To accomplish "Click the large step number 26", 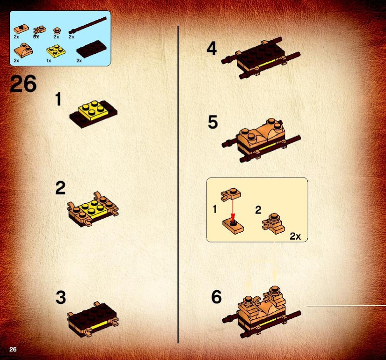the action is (23, 84).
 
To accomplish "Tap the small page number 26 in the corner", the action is (13, 349).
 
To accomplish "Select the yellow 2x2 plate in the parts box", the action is (56, 51).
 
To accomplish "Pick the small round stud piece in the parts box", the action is (58, 31).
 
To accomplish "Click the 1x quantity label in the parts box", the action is (49, 60).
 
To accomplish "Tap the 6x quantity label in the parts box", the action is (36, 37).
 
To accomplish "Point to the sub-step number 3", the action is (61, 297).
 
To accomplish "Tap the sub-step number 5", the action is (213, 122).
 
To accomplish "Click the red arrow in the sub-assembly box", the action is (233, 209).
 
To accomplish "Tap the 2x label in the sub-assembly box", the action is (295, 236).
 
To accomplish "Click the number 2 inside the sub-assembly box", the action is (258, 210).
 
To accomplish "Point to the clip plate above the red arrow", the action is (231, 195).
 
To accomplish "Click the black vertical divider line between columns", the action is (178, 184).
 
